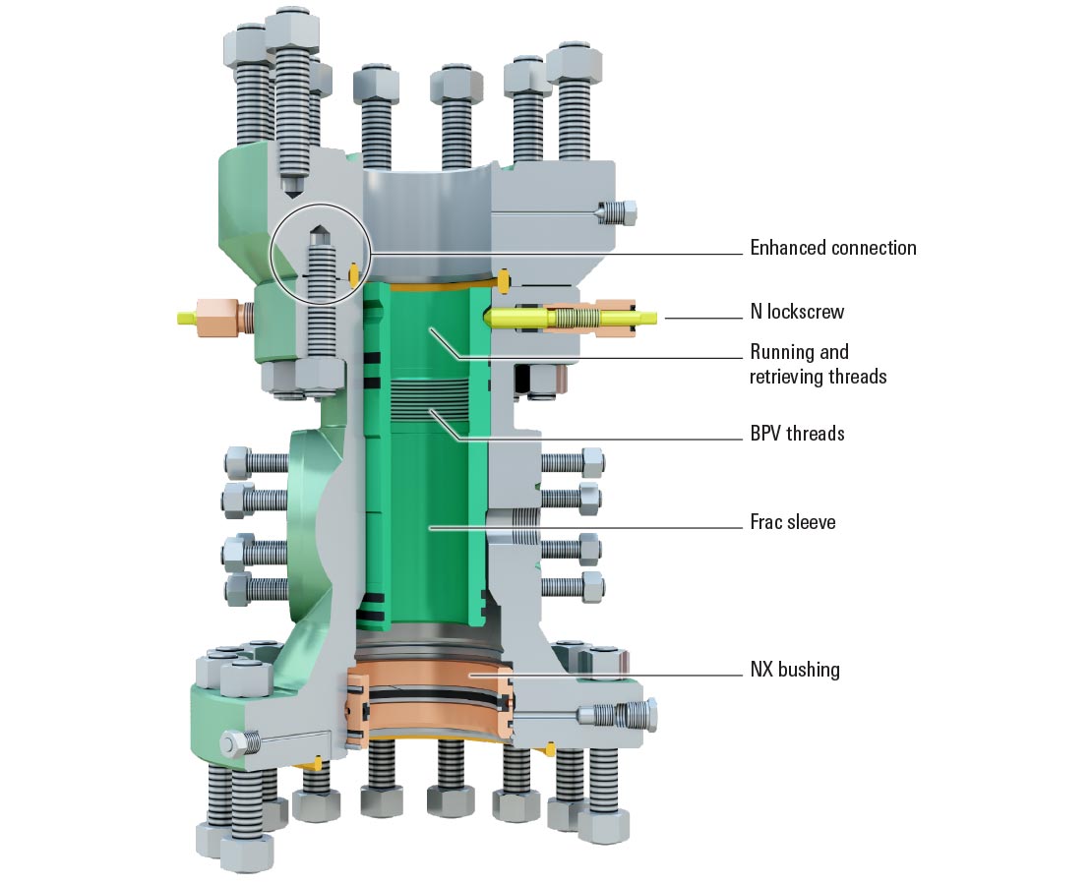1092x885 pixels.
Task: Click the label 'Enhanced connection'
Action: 832,248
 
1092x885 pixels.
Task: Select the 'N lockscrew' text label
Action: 797,313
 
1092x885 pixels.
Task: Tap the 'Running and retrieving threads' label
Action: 818,364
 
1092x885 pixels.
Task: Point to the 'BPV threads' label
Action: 797,433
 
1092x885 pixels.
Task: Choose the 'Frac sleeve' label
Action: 792,522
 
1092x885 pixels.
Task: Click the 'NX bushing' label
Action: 794,670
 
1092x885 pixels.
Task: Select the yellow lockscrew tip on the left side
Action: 186,318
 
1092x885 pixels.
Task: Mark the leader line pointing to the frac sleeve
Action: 590,527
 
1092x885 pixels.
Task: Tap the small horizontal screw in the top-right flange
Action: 617,211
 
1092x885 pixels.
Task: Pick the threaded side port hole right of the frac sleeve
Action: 521,527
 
